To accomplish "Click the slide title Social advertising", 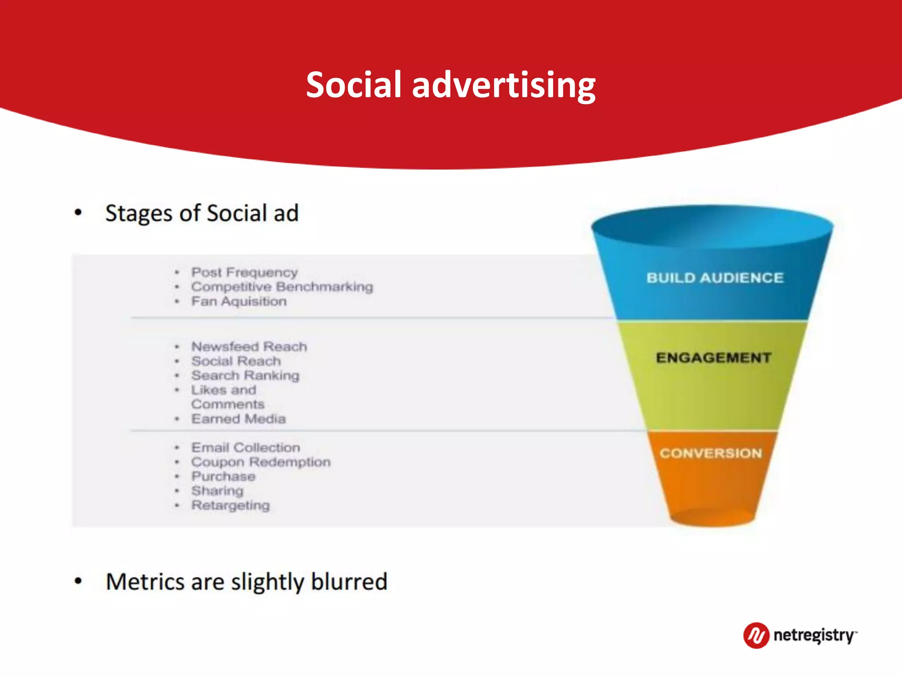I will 451,85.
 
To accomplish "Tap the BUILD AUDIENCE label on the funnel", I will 715,278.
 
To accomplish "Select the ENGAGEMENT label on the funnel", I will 713,357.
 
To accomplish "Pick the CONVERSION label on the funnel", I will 710,453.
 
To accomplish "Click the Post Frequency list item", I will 244,272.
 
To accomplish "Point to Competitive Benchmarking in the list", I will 282,287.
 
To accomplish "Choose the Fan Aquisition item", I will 239,301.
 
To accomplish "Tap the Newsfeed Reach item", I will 249,346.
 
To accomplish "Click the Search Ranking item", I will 245,376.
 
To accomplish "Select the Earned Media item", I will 238,419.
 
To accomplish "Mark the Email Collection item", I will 245,447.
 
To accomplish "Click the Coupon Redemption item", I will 261,462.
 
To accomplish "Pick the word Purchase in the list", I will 223,476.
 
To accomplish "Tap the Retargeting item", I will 230,506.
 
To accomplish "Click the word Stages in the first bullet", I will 139,214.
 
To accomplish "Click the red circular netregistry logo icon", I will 756,636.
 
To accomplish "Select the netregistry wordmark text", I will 814,636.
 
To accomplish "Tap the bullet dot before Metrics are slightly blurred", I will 78,581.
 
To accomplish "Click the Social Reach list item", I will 236,361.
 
